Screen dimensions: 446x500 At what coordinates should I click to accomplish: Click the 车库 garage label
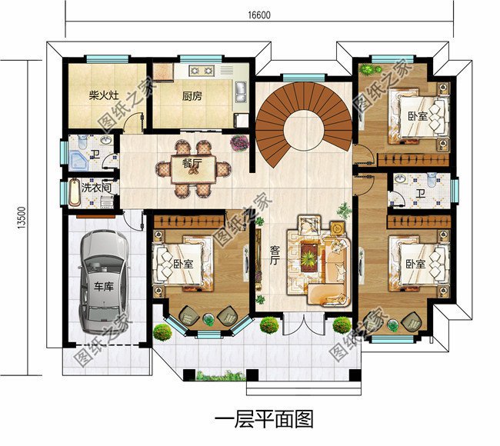point(103,288)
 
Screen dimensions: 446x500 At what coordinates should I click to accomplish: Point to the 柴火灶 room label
point(102,97)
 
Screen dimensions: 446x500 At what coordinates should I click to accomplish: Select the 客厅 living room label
point(274,255)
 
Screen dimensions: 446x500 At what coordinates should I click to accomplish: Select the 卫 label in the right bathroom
point(420,194)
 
